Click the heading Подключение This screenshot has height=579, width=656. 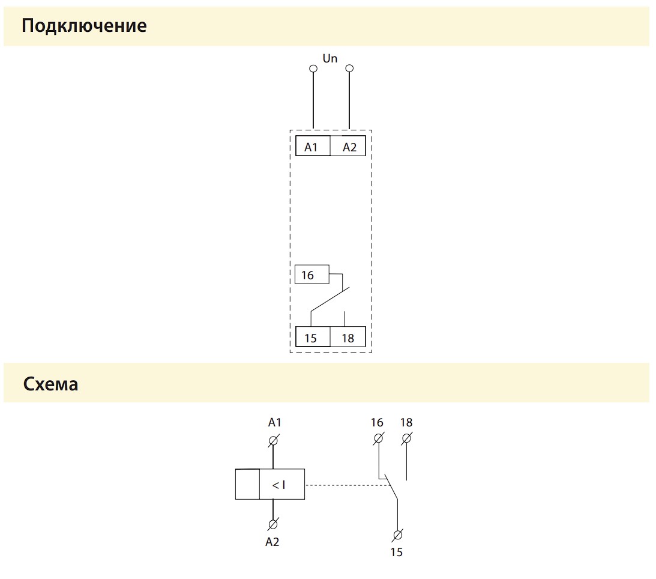coord(84,26)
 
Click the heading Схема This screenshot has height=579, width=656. coord(50,384)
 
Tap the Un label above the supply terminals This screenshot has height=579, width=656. coord(330,59)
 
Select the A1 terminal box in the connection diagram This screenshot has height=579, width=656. coord(313,146)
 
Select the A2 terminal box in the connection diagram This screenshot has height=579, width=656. coord(348,146)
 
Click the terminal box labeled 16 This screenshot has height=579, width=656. coord(311,274)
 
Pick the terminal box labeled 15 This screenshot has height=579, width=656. coord(313,337)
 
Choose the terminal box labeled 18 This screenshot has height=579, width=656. coord(348,337)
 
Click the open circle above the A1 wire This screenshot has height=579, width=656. coord(313,68)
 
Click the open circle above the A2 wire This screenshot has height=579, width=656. coord(349,68)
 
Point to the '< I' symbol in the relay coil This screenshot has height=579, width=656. coord(278,485)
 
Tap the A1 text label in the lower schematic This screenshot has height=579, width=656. coord(274,423)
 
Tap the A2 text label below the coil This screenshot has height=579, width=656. coord(272,542)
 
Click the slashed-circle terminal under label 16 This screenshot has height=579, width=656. coord(378,438)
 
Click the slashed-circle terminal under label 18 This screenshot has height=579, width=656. coord(407,438)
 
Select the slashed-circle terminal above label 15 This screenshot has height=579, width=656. coord(397,535)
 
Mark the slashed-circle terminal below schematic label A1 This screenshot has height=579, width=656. coord(274,440)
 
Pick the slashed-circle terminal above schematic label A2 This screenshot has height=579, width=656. coord(272,524)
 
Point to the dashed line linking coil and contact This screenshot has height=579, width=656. coord(348,485)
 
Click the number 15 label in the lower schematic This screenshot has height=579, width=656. coord(397,553)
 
